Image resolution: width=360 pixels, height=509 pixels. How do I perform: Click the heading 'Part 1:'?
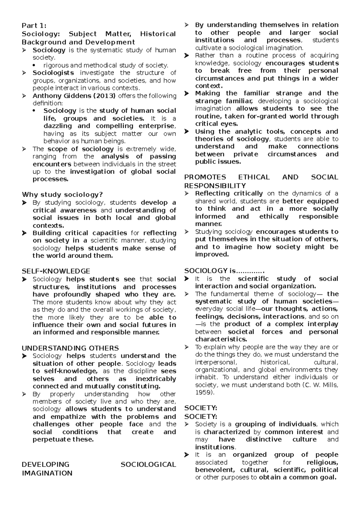[34, 26]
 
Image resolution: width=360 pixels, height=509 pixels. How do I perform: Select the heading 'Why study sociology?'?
[62, 195]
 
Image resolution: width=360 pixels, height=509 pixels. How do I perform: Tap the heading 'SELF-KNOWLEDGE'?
[56, 271]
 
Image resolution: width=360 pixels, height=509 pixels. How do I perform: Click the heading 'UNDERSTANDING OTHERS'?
[70, 348]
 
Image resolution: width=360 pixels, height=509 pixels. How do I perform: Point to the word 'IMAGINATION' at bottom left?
[47, 473]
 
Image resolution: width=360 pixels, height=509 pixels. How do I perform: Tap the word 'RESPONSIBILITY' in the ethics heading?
[215, 186]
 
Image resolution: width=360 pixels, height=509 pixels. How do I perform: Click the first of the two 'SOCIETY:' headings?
[201, 408]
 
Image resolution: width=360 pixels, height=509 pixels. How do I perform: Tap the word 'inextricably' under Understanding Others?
[155, 379]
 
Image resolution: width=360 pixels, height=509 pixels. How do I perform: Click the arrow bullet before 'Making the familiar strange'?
[187, 93]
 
